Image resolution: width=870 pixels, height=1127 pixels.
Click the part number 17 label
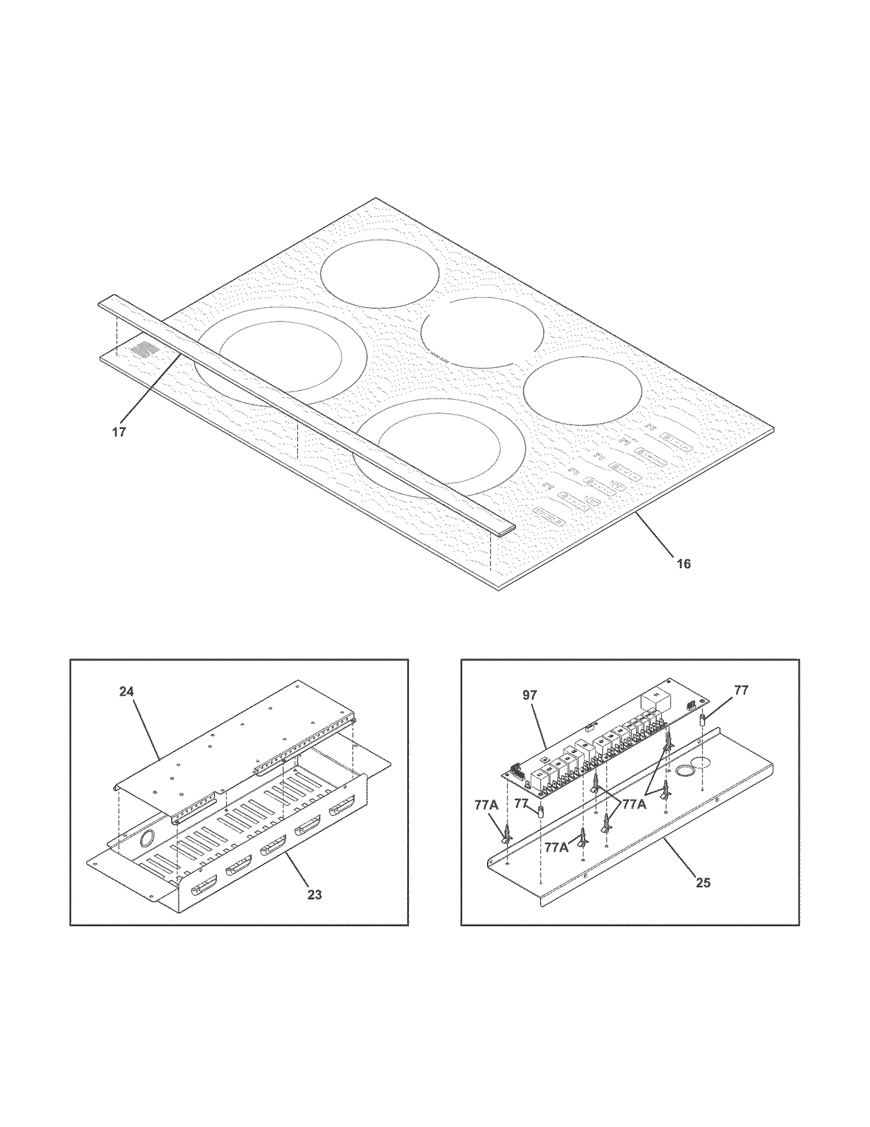[119, 432]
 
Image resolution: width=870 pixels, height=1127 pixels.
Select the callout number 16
[683, 564]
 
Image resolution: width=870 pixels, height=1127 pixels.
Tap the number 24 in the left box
[127, 692]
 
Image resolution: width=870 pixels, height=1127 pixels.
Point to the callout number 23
[314, 894]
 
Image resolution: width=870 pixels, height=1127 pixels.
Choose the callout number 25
[703, 883]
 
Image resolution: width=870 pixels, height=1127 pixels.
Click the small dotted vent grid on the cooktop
[142, 349]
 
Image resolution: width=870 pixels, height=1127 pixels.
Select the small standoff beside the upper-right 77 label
[703, 720]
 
